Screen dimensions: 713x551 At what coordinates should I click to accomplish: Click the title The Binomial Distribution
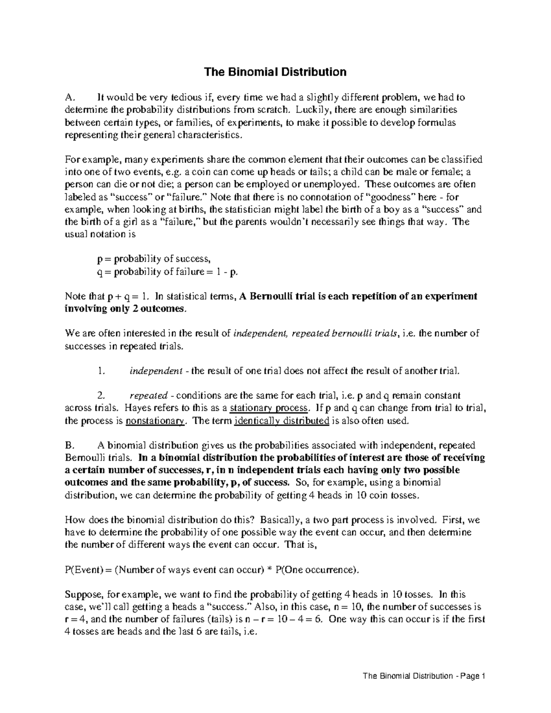click(275, 72)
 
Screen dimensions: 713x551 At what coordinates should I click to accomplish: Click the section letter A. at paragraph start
click(70, 97)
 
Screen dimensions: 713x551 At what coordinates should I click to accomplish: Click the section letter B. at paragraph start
click(70, 445)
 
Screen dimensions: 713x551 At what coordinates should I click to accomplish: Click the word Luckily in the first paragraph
click(310, 110)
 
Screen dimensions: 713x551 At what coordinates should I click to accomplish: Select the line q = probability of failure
click(168, 271)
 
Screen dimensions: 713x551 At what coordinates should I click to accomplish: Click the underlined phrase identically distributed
click(281, 421)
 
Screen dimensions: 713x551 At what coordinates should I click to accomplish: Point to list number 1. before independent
click(101, 371)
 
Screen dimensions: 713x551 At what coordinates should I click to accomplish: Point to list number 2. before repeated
click(101, 396)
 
